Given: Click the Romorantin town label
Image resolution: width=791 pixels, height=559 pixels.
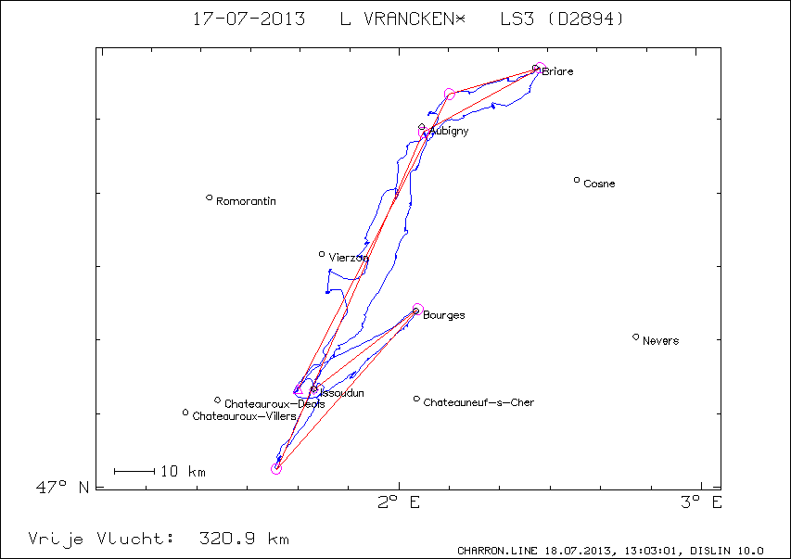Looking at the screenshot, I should (x=246, y=201).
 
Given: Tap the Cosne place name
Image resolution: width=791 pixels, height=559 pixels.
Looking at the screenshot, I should (x=599, y=184).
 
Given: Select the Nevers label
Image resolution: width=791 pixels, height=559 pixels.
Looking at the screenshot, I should (x=660, y=341).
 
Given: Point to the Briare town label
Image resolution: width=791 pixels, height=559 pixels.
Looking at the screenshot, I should (x=557, y=71).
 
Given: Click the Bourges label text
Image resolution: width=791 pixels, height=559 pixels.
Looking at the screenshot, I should (x=444, y=315).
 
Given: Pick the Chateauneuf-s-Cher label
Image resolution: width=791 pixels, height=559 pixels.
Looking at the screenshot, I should (x=478, y=402).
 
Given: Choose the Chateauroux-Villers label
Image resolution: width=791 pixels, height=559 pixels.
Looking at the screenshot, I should (x=244, y=416).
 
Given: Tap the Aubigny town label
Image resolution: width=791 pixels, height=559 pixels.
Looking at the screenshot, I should (x=450, y=132).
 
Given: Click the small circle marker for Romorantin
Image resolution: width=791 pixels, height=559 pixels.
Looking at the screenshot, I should (x=210, y=197).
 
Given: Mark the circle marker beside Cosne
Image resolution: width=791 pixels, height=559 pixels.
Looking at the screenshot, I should (x=577, y=180).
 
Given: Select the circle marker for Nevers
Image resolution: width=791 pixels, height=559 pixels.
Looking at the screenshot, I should (x=635, y=337).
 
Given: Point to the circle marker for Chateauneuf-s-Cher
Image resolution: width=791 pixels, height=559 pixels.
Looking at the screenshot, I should (x=416, y=399).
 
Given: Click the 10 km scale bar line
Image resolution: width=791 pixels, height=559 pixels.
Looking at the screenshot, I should (x=134, y=472).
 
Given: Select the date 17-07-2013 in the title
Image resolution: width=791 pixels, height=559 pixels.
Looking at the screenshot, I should (x=249, y=19).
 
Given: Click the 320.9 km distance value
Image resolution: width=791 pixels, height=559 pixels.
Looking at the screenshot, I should (x=244, y=538).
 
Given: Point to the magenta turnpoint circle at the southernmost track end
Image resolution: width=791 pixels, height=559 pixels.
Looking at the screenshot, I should (x=276, y=469).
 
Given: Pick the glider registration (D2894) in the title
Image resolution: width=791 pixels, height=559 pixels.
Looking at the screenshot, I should (x=585, y=19).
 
